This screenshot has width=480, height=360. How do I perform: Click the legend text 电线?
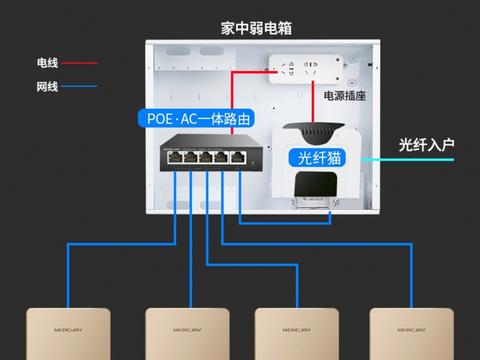pyautogui.click(x=47, y=63)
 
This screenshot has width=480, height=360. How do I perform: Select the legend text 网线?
pyautogui.click(x=47, y=87)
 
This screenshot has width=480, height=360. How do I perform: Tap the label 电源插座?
pyautogui.click(x=343, y=96)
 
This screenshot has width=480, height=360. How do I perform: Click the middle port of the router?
pyautogui.click(x=205, y=156)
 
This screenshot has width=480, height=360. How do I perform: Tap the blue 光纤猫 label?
pyautogui.click(x=319, y=159)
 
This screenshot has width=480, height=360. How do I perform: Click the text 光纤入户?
pyautogui.click(x=426, y=145)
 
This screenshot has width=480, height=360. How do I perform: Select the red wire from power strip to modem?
pyautogui.click(x=318, y=105)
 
